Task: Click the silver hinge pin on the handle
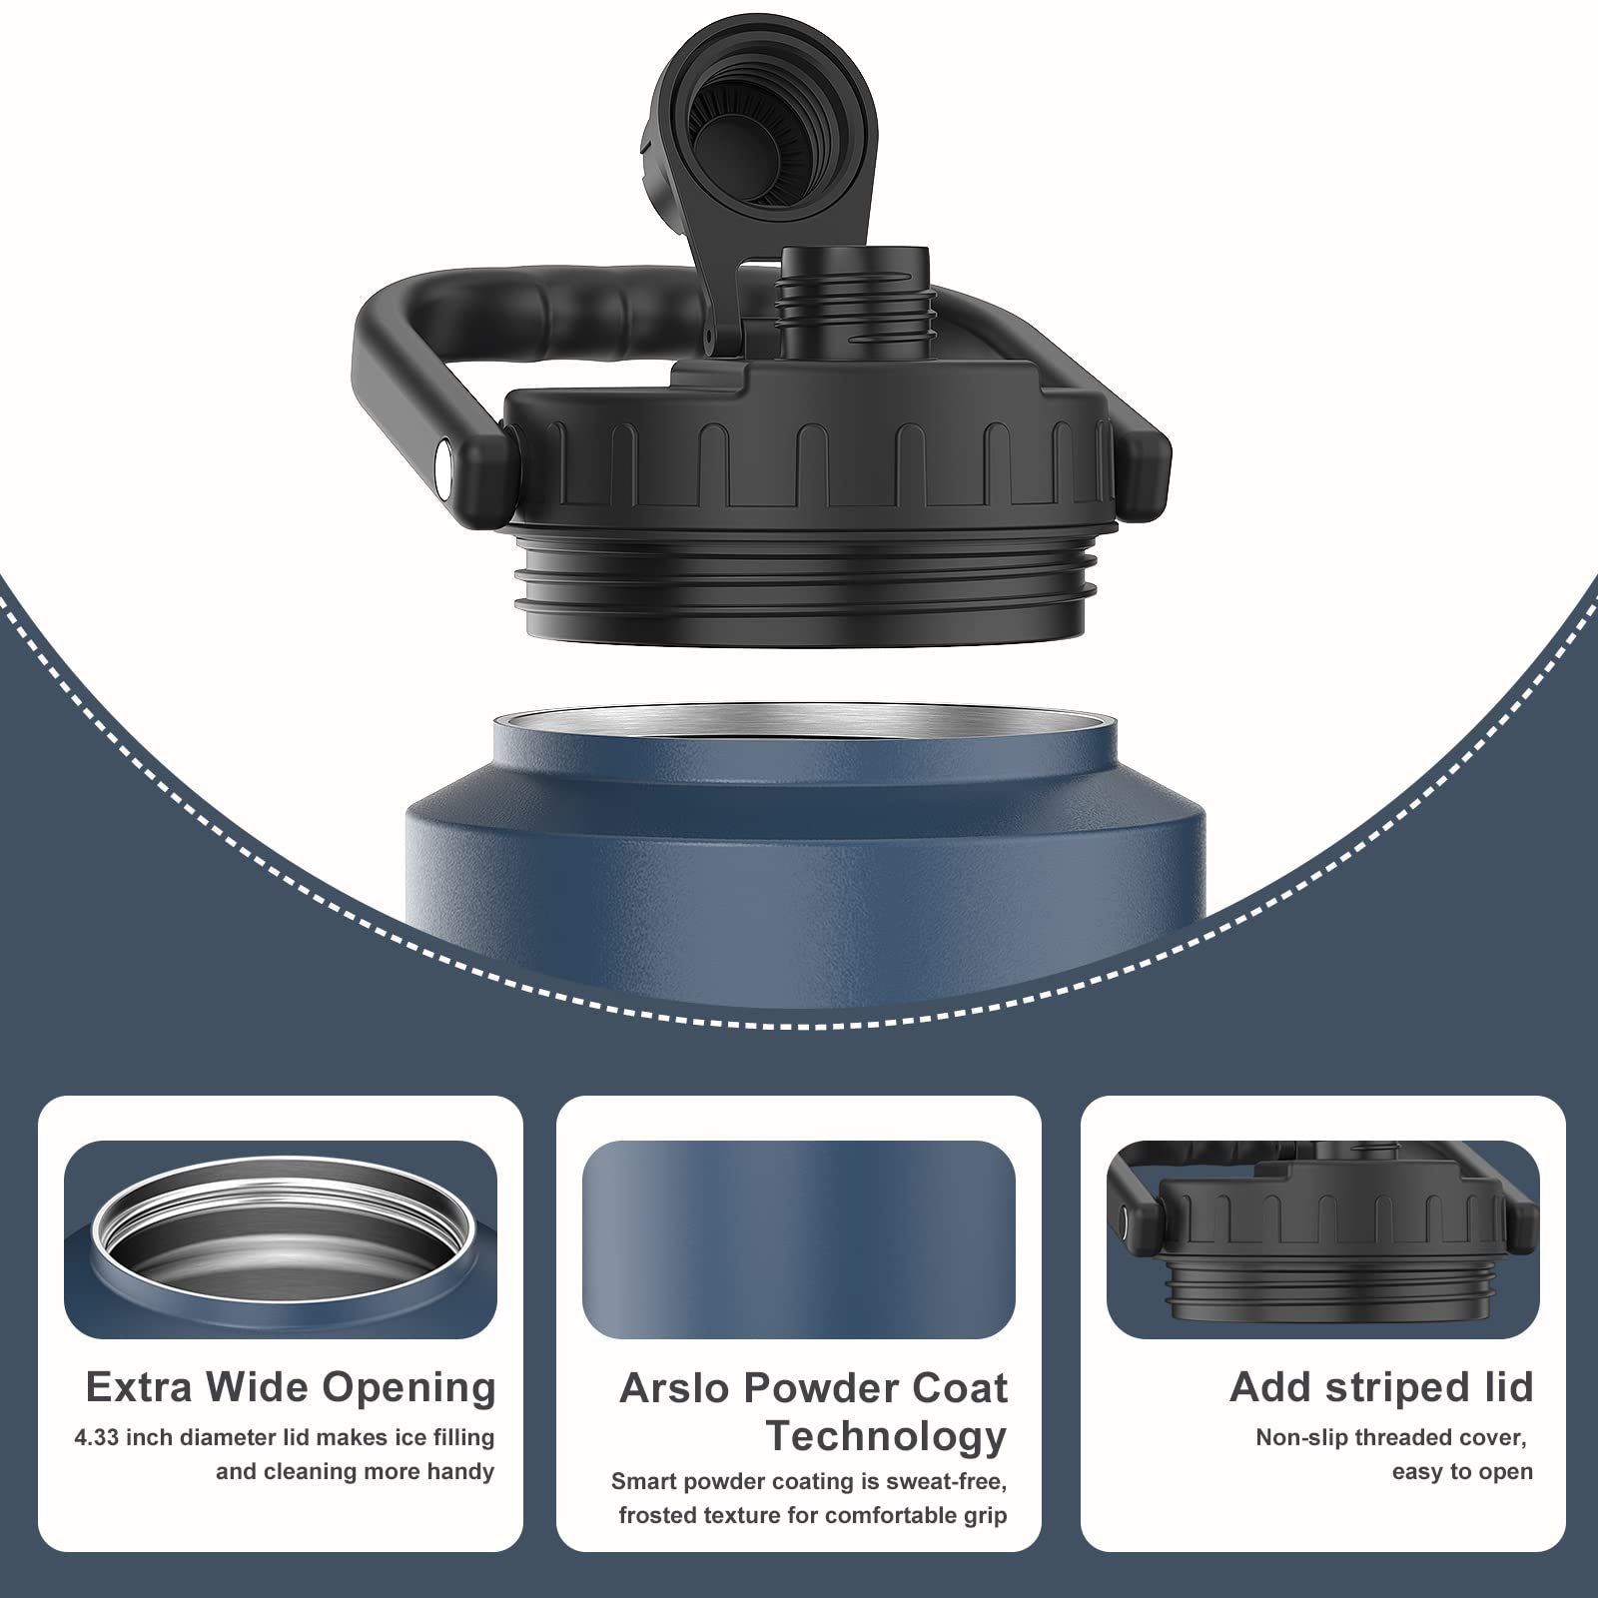coord(444,461)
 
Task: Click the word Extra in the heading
coord(140,1387)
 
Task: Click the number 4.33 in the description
coord(98,1438)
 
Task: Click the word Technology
coord(886,1437)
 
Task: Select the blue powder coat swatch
coord(799,1239)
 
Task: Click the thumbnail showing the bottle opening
coord(281,1239)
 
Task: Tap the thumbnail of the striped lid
coord(1323,1239)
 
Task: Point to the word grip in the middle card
coord(984,1516)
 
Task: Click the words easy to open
coord(1462,1473)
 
